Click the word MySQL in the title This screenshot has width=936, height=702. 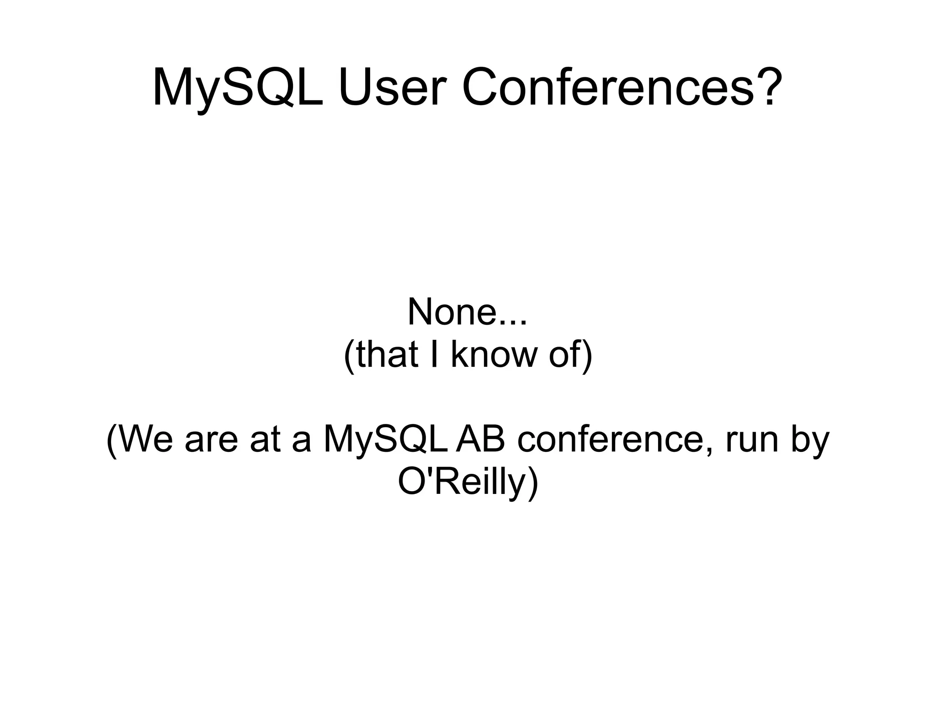click(237, 88)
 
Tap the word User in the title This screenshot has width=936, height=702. click(391, 88)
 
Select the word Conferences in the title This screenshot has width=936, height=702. click(608, 88)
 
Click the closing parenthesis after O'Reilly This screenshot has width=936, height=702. click(532, 483)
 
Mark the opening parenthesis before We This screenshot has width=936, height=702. click(112, 440)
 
